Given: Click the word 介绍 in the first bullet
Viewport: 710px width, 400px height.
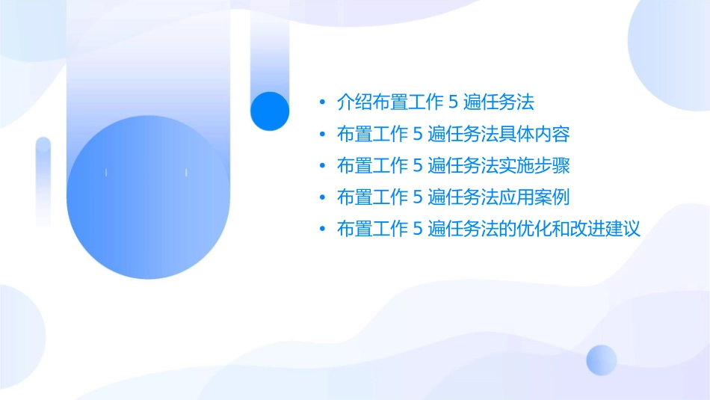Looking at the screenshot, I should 351,103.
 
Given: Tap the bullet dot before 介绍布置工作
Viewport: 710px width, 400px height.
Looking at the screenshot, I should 321,103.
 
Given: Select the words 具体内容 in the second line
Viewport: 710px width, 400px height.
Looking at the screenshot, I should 540,135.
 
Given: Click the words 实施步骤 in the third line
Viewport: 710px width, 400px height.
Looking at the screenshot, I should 540,166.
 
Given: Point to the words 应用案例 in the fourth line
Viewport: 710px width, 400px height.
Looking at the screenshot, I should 540,197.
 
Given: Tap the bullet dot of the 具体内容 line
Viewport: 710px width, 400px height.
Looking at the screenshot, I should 321,135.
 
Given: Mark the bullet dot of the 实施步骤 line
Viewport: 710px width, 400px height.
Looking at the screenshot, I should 321,167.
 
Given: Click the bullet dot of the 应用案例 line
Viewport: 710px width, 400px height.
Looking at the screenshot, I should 321,198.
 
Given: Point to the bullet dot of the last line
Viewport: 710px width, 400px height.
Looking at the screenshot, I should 321,230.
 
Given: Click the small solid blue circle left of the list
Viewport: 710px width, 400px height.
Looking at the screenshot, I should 270,111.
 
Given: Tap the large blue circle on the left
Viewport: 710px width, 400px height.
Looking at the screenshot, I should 146,197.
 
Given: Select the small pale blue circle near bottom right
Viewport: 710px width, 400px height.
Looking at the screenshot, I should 602,360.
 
